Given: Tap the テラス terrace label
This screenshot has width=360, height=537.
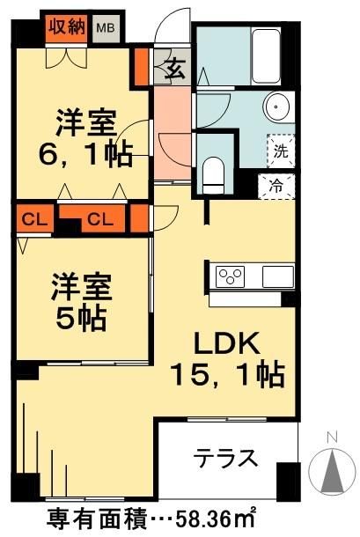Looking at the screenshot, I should click(x=225, y=459).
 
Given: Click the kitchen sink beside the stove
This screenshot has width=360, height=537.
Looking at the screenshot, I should click(x=276, y=275).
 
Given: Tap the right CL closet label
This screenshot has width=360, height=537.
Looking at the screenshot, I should click(x=98, y=217).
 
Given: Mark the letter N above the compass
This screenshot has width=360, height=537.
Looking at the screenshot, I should click(x=332, y=436).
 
